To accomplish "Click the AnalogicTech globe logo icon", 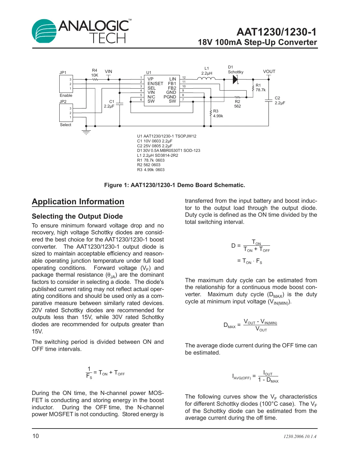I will (x=44, y=31).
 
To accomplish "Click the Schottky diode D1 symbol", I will (x=235, y=79).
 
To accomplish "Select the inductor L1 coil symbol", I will (x=206, y=79).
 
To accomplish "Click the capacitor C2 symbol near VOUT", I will (x=268, y=101).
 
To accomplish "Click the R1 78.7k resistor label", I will (x=260, y=88).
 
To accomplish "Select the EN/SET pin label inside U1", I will (x=155, y=84).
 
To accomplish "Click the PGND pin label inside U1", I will (x=170, y=97).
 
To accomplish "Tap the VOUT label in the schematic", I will (x=269, y=71).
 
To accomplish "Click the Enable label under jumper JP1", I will (x=66, y=95).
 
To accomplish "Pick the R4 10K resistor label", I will (x=94, y=73).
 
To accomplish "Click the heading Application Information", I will (x=78, y=202).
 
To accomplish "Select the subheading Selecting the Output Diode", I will (x=77, y=216).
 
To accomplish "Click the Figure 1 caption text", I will (x=174, y=185).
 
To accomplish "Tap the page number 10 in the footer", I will (x=36, y=436).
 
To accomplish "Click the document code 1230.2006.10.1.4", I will (x=300, y=436).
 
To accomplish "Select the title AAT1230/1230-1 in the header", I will (x=276, y=32).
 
